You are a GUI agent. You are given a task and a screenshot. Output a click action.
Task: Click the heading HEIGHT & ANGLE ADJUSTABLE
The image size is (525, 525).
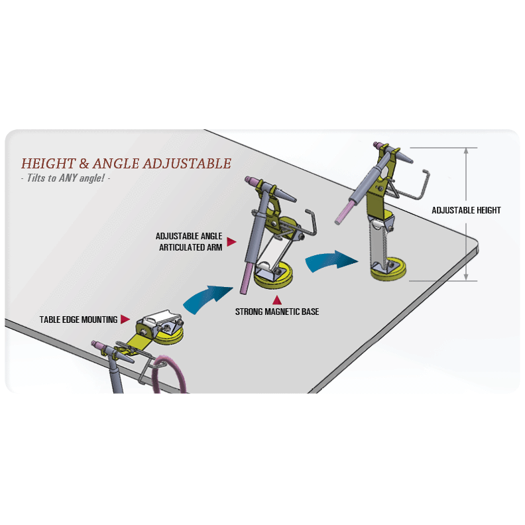126,163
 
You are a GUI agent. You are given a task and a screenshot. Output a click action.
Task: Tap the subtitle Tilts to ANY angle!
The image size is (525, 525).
66,178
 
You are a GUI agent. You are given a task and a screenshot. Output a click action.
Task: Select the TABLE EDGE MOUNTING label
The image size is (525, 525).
78,320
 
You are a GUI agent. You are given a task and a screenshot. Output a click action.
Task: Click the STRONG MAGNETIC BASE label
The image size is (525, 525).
277,312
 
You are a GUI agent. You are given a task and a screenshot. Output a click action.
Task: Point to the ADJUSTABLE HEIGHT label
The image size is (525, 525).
466,210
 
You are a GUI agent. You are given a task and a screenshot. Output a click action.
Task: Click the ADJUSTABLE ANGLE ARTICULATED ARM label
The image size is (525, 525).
189,241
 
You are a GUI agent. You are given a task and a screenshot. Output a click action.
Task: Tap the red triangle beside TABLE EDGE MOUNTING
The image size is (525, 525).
125,319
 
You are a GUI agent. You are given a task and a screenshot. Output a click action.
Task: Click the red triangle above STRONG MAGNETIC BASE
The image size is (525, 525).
277,300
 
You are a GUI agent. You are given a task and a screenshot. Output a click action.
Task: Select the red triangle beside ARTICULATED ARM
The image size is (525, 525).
231,242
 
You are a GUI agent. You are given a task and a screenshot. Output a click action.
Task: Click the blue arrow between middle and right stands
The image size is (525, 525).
330,261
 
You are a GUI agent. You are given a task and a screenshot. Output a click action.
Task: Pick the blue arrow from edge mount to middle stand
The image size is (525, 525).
206,298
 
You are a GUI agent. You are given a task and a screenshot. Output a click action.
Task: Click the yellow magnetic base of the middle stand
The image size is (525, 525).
274,277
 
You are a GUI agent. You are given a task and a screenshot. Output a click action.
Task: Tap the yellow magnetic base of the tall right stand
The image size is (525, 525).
388,270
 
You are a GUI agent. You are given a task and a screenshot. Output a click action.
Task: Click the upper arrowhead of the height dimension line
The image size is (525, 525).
466,151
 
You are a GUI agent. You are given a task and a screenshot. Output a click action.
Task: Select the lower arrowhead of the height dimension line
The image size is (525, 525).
466,276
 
